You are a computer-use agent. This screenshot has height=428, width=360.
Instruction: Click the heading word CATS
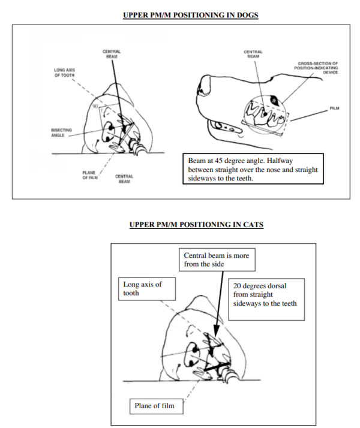(x=247, y=225)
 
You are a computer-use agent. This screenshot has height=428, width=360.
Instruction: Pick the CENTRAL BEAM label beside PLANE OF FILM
(x=124, y=178)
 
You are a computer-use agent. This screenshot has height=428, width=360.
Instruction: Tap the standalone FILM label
(x=335, y=109)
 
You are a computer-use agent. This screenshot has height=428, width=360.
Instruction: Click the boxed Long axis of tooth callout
(x=148, y=288)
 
